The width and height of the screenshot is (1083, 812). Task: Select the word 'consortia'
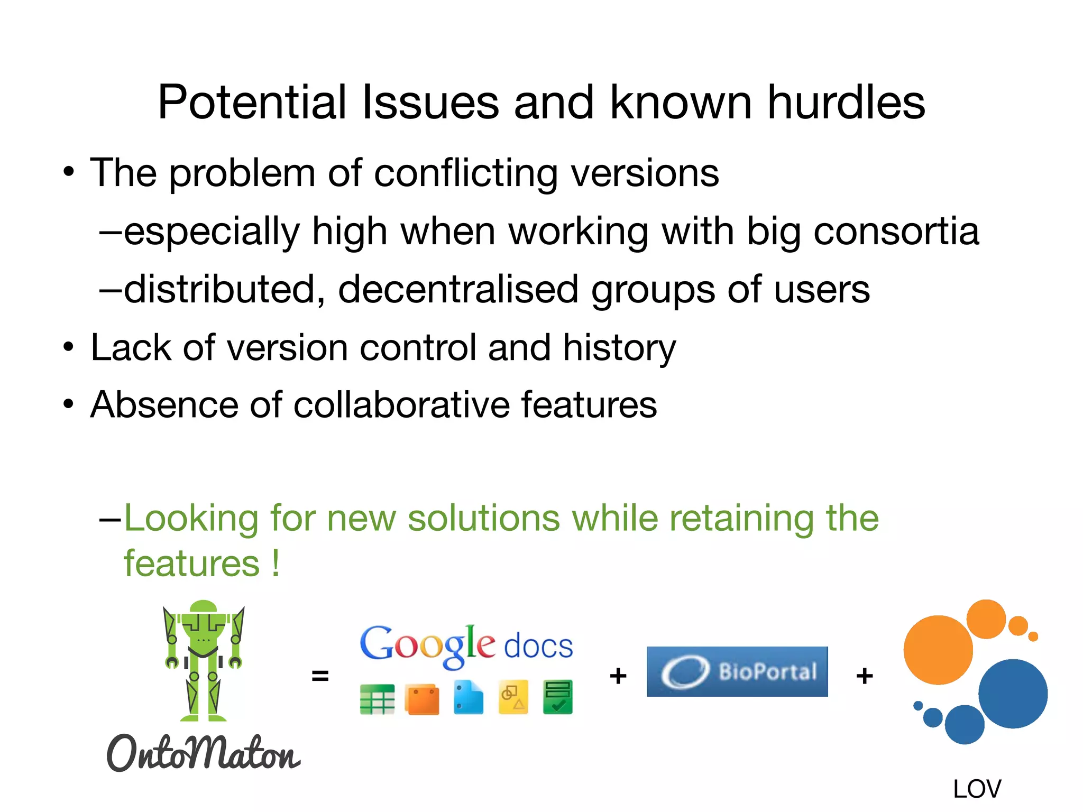(896, 232)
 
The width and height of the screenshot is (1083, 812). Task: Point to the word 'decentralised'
(458, 289)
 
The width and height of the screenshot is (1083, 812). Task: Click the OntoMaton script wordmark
(204, 753)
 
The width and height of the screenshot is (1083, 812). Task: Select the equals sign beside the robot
(320, 676)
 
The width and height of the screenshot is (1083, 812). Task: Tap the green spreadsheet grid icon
(377, 699)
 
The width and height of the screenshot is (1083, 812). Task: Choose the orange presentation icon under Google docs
(422, 699)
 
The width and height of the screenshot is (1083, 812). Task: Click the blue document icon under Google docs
(468, 698)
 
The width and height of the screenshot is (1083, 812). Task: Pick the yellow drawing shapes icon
(513, 697)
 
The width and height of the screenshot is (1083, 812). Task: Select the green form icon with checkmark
(557, 697)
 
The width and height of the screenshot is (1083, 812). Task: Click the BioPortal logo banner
(737, 671)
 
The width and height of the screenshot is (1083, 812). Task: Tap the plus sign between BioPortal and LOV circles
(865, 676)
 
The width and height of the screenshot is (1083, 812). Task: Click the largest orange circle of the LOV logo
(938, 650)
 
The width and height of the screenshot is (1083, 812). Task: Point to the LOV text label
(977, 789)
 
